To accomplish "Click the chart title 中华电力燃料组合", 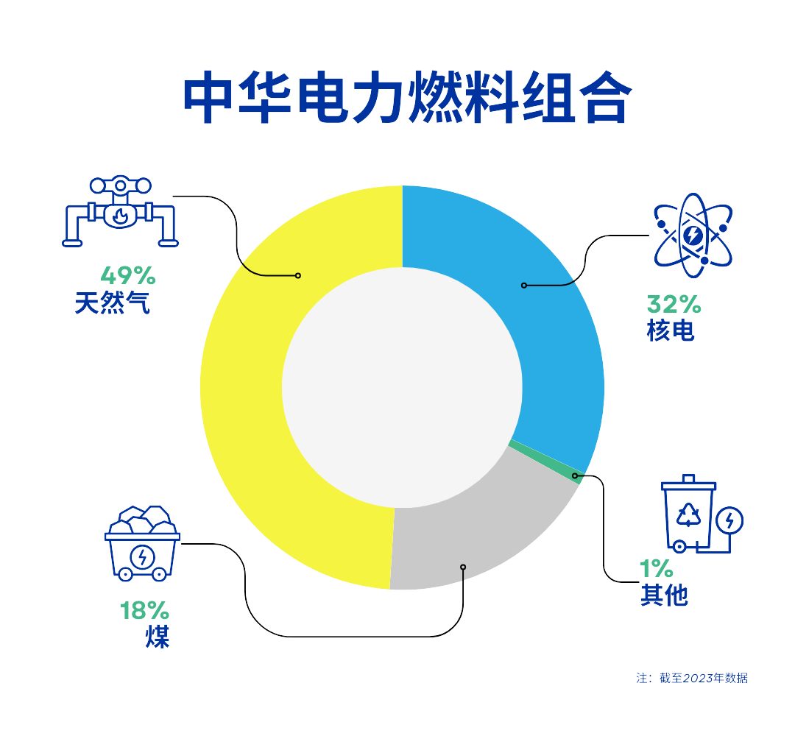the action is [x=407, y=97].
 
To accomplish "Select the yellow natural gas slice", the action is [x=244, y=395].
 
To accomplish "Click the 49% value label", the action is [x=128, y=276].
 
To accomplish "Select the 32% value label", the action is [x=674, y=305].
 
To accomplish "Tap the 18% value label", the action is [x=144, y=611].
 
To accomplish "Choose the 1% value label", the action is [x=656, y=569].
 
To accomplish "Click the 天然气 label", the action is [x=113, y=303].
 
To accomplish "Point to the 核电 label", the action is [x=671, y=331].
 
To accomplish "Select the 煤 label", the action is [x=158, y=637].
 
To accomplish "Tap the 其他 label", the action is [x=664, y=595].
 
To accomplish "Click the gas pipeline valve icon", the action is [x=120, y=211].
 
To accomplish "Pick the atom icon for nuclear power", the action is [x=693, y=236].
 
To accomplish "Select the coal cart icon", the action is [x=142, y=543].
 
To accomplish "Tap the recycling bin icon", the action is [x=702, y=514].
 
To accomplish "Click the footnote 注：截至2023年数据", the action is [x=692, y=678].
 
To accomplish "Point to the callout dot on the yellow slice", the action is [x=298, y=276].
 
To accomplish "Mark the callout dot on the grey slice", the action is [x=463, y=567].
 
